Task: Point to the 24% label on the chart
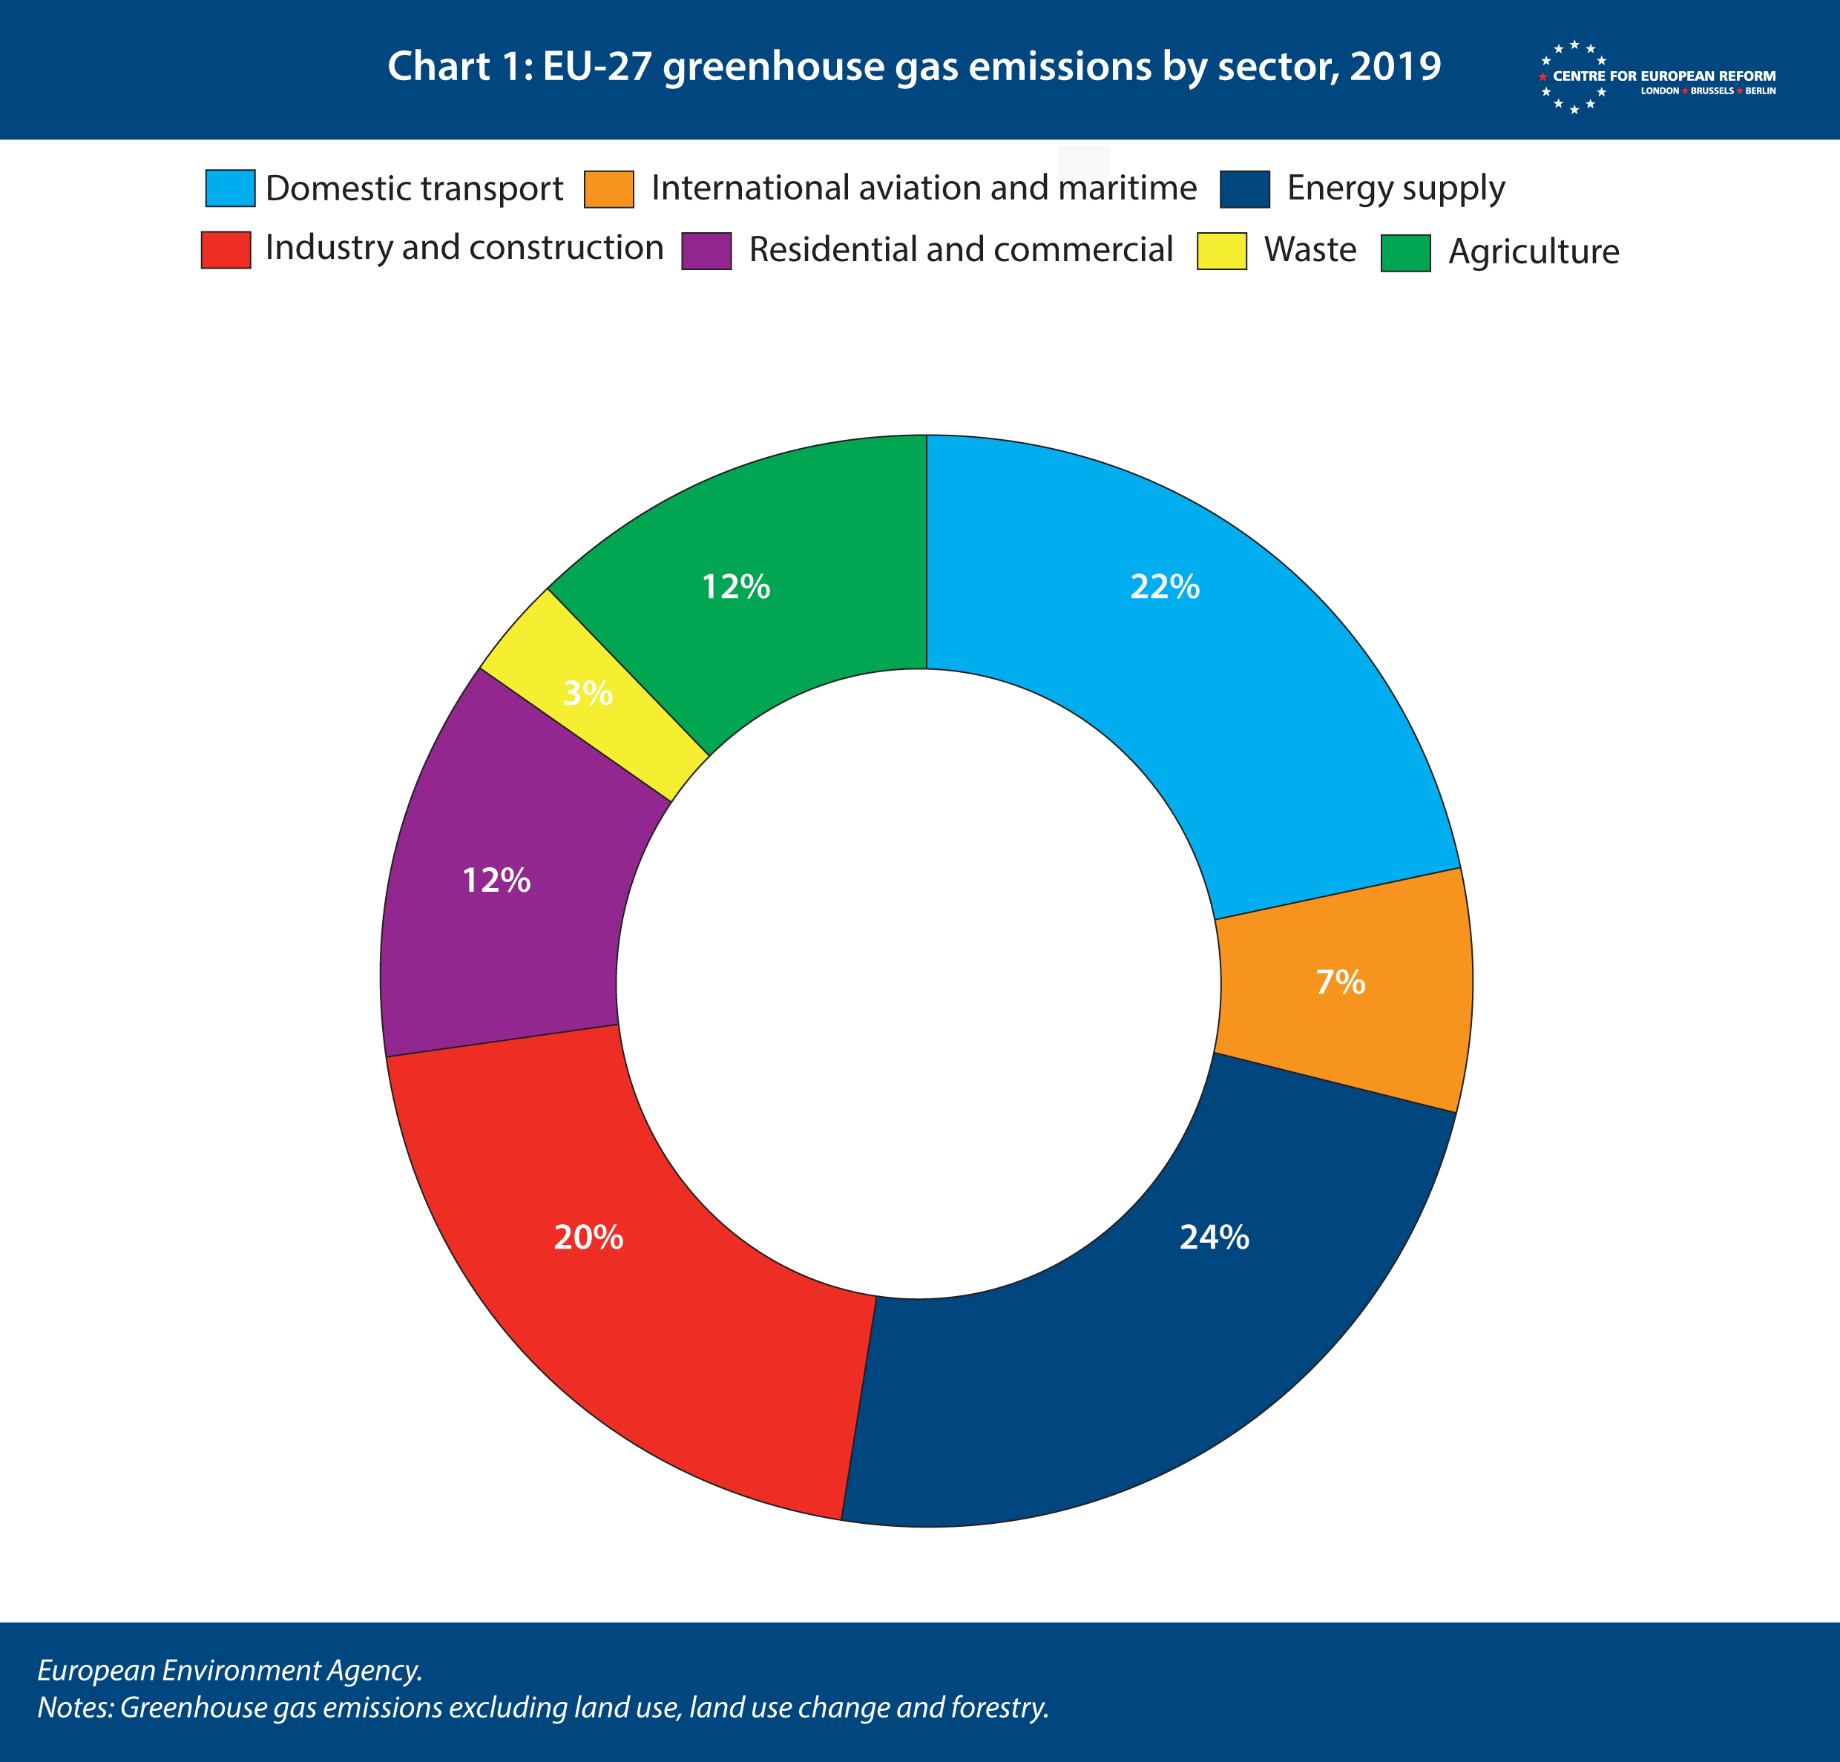pos(1214,1237)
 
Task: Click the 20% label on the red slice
pos(588,1237)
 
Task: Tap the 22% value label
pos(1165,587)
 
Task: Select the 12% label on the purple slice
pos(496,881)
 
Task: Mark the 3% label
pos(588,694)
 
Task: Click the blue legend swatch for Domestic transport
pos(230,188)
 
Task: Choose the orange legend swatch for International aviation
pos(609,188)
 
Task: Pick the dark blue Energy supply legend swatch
pos(1245,188)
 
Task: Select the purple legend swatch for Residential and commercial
pos(707,251)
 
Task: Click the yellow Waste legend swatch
pos(1222,251)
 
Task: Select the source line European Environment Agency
pos(230,1670)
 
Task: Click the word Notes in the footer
pos(74,1706)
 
